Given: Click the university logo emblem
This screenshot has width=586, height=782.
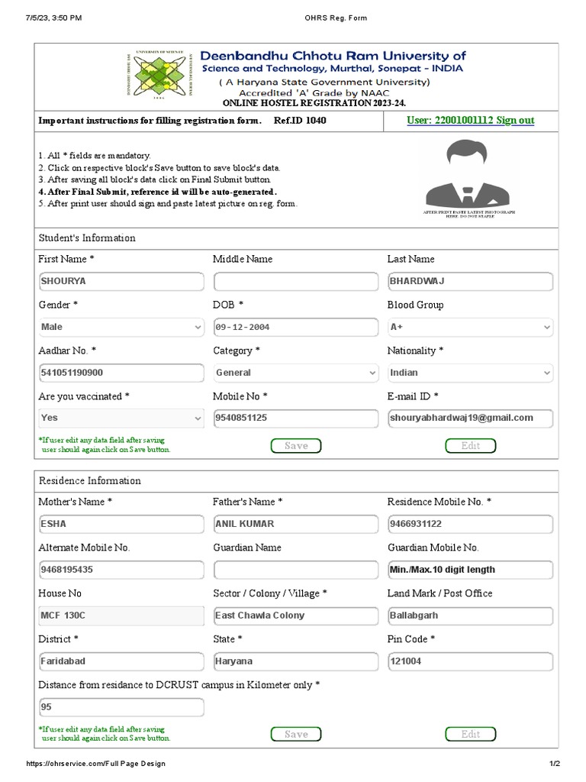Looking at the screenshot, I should click(x=157, y=75).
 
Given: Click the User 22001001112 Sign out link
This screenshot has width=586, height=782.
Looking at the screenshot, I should click(x=470, y=121).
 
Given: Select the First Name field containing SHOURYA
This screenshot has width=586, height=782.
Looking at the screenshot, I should click(x=121, y=281).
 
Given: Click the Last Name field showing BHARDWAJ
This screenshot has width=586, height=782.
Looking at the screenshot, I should click(x=470, y=281).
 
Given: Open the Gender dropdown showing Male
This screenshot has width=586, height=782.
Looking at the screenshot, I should click(x=121, y=327).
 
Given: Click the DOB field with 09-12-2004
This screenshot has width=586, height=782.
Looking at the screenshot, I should click(x=295, y=327).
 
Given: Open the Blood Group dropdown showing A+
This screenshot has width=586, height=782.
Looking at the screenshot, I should click(x=470, y=327).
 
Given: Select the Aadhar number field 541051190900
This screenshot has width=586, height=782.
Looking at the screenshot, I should click(x=121, y=373).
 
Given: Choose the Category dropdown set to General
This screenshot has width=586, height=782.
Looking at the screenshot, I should click(x=295, y=373).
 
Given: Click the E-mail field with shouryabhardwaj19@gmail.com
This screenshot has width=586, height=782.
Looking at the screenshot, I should click(x=470, y=418).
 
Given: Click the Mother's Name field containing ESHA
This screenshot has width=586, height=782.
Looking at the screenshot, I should click(x=121, y=524).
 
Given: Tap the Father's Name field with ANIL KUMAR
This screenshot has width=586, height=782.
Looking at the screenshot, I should click(x=295, y=524).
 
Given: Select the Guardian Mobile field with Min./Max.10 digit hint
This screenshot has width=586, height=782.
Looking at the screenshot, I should click(x=470, y=570).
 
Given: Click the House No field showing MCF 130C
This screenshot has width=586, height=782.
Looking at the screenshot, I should click(x=121, y=616).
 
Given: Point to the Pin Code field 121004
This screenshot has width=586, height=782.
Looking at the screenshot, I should click(x=470, y=661).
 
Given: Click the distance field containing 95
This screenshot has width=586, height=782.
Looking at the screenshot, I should click(x=121, y=707).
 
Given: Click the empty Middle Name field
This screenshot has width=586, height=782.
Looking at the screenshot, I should click(x=295, y=281).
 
